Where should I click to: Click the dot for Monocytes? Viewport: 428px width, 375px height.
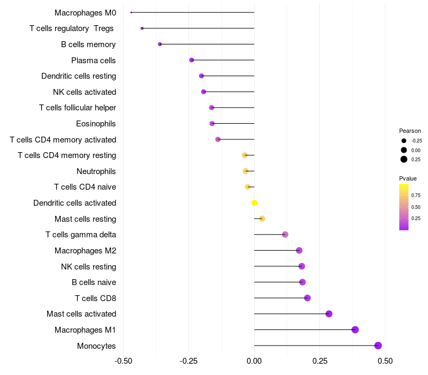coord(378,346)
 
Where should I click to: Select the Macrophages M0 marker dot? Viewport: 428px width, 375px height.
coord(131,12)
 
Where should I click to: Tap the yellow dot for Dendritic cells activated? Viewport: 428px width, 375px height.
coord(255,202)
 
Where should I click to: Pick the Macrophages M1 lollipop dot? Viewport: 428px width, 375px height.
coord(355,329)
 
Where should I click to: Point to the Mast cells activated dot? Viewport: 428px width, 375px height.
coord(329,314)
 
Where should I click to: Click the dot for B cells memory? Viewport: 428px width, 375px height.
coord(160,44)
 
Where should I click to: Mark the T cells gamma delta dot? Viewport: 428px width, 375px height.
coord(285,235)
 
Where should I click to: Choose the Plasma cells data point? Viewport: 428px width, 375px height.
coord(192,60)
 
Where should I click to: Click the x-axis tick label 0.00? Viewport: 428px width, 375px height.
coord(254,361)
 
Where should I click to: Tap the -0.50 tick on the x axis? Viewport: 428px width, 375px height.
coord(123,361)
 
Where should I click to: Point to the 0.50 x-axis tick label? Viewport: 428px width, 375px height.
coord(385,361)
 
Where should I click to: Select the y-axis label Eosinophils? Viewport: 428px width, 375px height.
coord(96,124)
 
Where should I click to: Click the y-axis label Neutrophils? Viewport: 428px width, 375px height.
coord(96,171)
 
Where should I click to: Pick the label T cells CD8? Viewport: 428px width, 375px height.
coord(96,298)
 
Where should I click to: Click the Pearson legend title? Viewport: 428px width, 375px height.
coord(410,131)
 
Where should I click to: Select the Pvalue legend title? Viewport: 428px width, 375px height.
coord(408,178)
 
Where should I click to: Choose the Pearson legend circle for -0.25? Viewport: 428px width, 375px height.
coord(404,140)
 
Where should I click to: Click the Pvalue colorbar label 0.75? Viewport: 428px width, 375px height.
coord(416,195)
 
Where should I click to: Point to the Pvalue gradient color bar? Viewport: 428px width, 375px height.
coord(404,207)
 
